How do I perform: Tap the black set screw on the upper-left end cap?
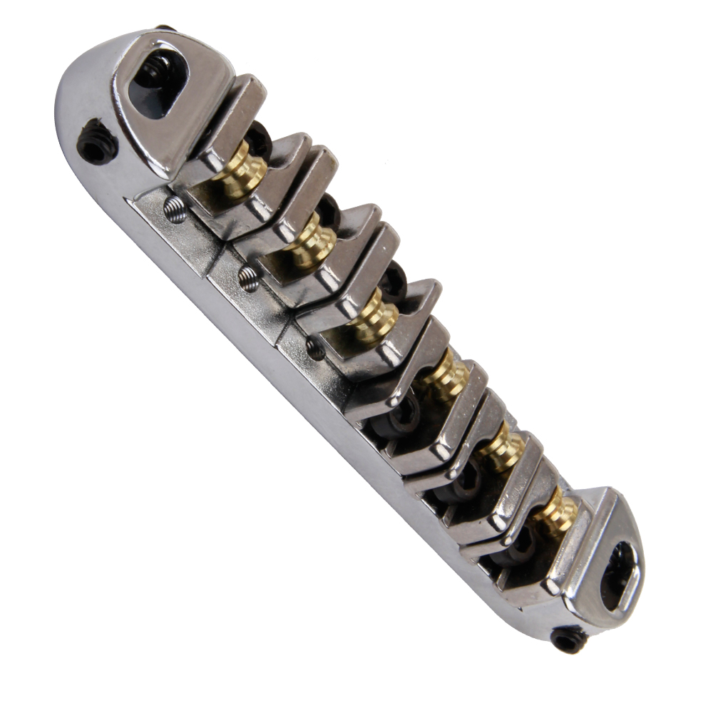point(97,143)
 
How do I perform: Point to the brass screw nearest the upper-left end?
point(242,173)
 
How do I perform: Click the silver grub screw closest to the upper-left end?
point(175,209)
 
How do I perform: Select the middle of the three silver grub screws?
point(249,279)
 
